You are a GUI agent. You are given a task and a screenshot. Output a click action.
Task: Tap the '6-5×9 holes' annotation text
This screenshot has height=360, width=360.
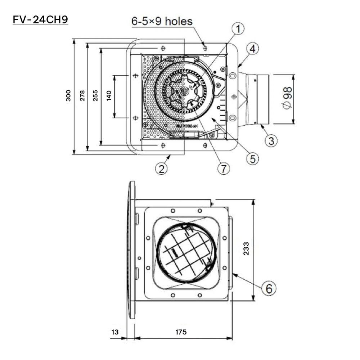162,21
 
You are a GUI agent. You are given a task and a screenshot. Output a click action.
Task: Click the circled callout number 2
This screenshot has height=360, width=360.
162,168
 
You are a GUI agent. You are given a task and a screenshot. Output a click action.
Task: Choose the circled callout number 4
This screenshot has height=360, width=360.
253,49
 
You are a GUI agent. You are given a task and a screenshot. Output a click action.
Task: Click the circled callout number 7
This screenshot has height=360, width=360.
223,168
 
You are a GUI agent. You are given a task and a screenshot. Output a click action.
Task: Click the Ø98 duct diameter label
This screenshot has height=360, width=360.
287,99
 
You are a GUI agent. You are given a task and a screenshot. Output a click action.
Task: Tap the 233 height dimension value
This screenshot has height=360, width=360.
246,248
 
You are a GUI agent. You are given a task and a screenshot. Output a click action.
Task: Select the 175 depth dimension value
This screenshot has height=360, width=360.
181,332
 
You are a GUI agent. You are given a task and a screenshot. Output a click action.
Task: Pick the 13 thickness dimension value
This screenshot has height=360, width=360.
114,332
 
